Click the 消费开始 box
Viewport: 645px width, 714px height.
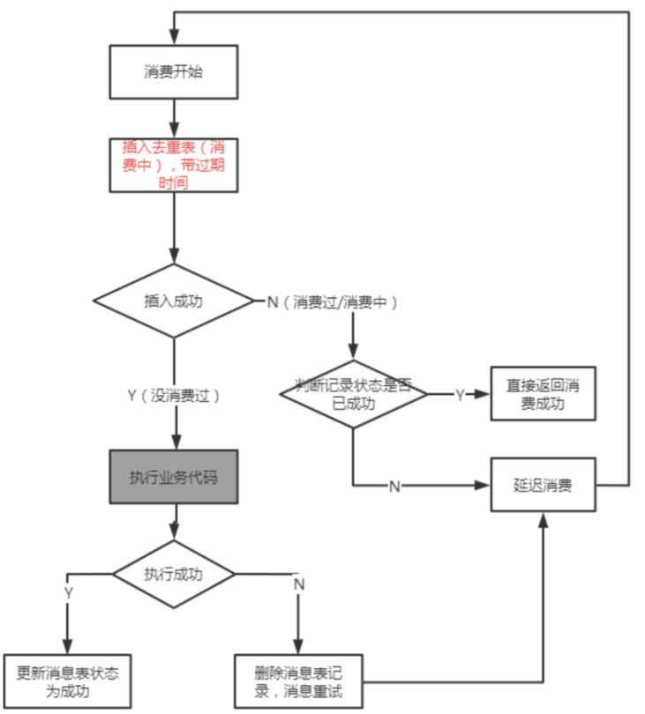point(174,72)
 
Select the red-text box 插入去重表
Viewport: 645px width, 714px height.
point(174,166)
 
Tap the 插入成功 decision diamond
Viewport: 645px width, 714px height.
point(173,301)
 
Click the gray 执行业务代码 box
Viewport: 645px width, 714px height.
point(174,477)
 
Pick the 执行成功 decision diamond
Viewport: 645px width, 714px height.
point(174,574)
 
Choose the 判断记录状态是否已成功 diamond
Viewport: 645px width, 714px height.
point(353,394)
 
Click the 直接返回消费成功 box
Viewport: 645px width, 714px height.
point(543,394)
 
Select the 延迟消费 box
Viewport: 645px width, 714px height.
point(543,485)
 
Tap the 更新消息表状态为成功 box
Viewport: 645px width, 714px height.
point(67,681)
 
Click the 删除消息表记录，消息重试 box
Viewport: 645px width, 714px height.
point(298,681)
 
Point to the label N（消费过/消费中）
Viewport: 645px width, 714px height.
point(333,301)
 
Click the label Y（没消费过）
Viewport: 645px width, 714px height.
point(174,395)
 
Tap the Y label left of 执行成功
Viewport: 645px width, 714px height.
point(68,593)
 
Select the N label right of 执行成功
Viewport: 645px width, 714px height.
point(299,584)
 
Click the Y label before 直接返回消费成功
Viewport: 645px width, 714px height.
point(460,395)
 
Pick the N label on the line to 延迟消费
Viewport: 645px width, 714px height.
point(394,487)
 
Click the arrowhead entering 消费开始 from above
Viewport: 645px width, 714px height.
point(174,37)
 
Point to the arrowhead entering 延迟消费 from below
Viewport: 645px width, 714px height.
point(543,520)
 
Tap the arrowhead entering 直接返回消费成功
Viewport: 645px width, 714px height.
point(482,394)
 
